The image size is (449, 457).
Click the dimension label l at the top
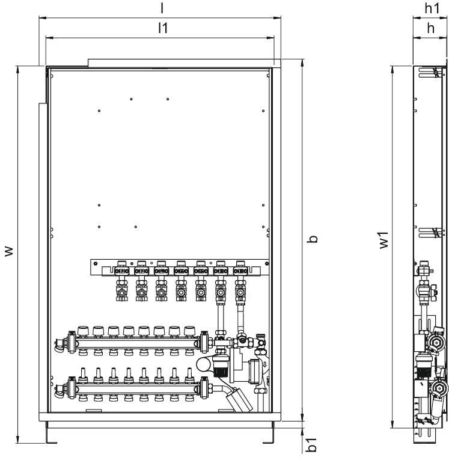click(x=162, y=9)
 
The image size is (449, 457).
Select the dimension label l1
click(x=163, y=28)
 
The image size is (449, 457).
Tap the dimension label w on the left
click(x=10, y=251)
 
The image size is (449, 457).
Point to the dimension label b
click(x=313, y=239)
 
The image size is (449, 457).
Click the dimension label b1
click(x=312, y=444)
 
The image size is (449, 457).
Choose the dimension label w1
click(x=383, y=240)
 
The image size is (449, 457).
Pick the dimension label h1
click(x=432, y=8)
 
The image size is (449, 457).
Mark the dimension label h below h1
click(x=430, y=28)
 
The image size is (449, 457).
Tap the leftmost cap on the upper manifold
click(x=83, y=331)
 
